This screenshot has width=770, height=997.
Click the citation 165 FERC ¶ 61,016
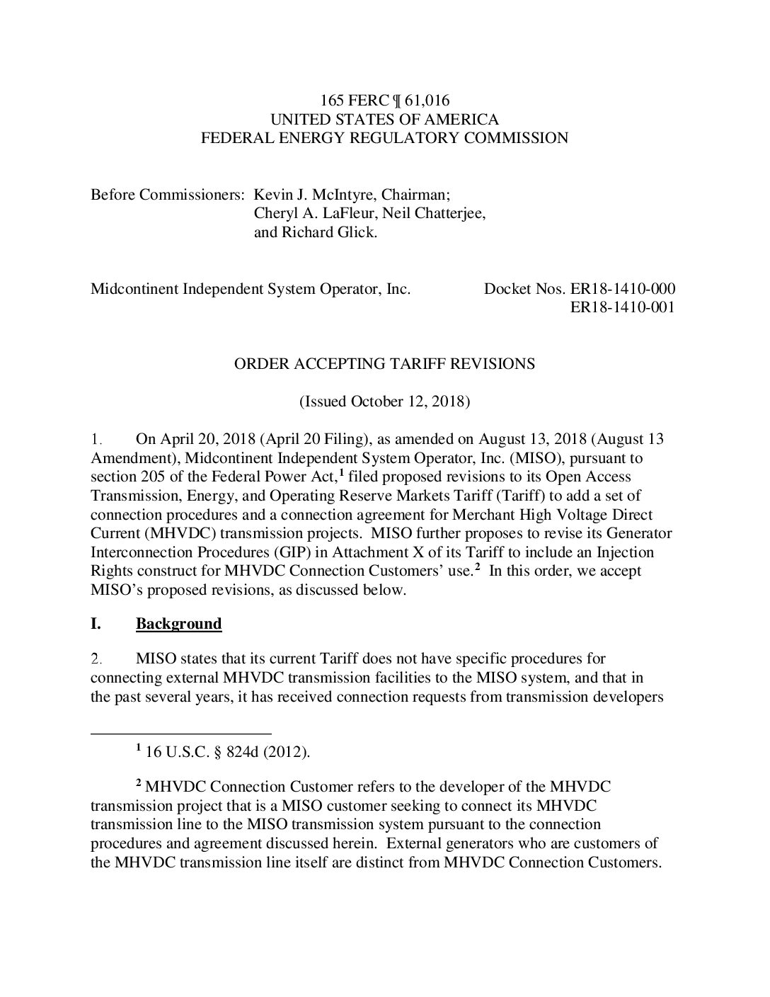coord(384,101)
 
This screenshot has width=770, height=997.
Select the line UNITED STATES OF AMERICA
coord(384,119)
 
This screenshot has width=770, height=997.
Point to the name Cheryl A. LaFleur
coord(309,213)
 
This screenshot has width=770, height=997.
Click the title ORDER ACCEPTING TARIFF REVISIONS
coord(384,364)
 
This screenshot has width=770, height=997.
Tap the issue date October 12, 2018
coord(406,401)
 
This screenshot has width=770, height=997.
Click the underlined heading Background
coord(178,624)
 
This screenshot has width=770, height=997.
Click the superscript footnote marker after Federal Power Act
coord(341,473)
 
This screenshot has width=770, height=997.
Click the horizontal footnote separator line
coord(181,734)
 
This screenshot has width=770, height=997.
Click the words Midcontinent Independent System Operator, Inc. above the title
coord(251,289)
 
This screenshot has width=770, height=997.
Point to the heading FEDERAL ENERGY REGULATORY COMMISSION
coord(384,137)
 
